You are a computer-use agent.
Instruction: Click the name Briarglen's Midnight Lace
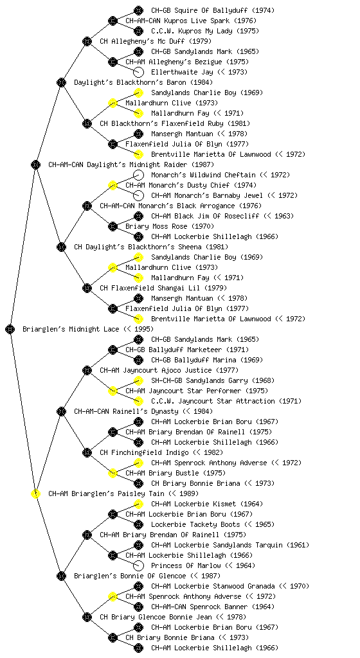point(71,329)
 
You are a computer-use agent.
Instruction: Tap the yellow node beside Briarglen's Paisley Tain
point(35,493)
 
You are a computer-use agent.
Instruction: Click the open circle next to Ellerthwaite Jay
point(138,72)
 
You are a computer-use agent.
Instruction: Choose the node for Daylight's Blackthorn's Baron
point(61,82)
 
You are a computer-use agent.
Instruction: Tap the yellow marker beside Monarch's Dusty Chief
point(113,185)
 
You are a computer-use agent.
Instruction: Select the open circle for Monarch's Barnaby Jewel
point(138,195)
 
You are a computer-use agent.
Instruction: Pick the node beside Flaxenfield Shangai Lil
point(87,288)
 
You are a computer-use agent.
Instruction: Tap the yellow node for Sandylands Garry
point(138,380)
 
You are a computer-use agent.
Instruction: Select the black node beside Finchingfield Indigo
point(87,452)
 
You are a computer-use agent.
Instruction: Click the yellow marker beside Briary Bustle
point(113,473)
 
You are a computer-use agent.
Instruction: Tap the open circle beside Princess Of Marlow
point(138,565)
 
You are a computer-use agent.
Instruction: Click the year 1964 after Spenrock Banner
point(263,607)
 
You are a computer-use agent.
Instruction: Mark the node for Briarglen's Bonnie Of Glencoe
point(61,576)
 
